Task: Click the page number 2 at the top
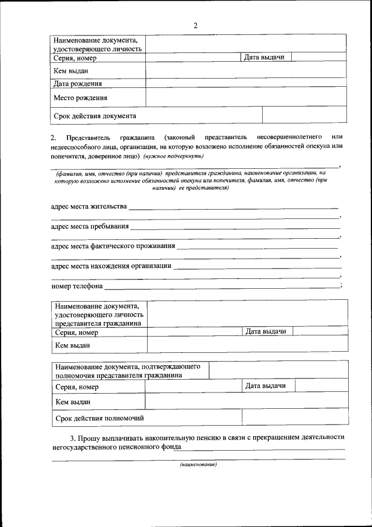point(195,25)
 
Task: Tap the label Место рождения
point(80,98)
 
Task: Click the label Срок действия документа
point(95,116)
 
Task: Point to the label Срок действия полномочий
point(99,418)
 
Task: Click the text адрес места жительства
point(88,207)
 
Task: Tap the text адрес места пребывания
point(90,227)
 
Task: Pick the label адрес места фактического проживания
point(113,246)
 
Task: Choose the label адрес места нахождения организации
point(111,266)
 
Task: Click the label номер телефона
point(77,286)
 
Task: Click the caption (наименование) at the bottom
point(198,465)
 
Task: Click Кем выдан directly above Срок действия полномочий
point(73,402)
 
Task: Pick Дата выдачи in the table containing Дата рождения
point(264,57)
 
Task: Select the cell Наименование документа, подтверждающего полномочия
point(128,371)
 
